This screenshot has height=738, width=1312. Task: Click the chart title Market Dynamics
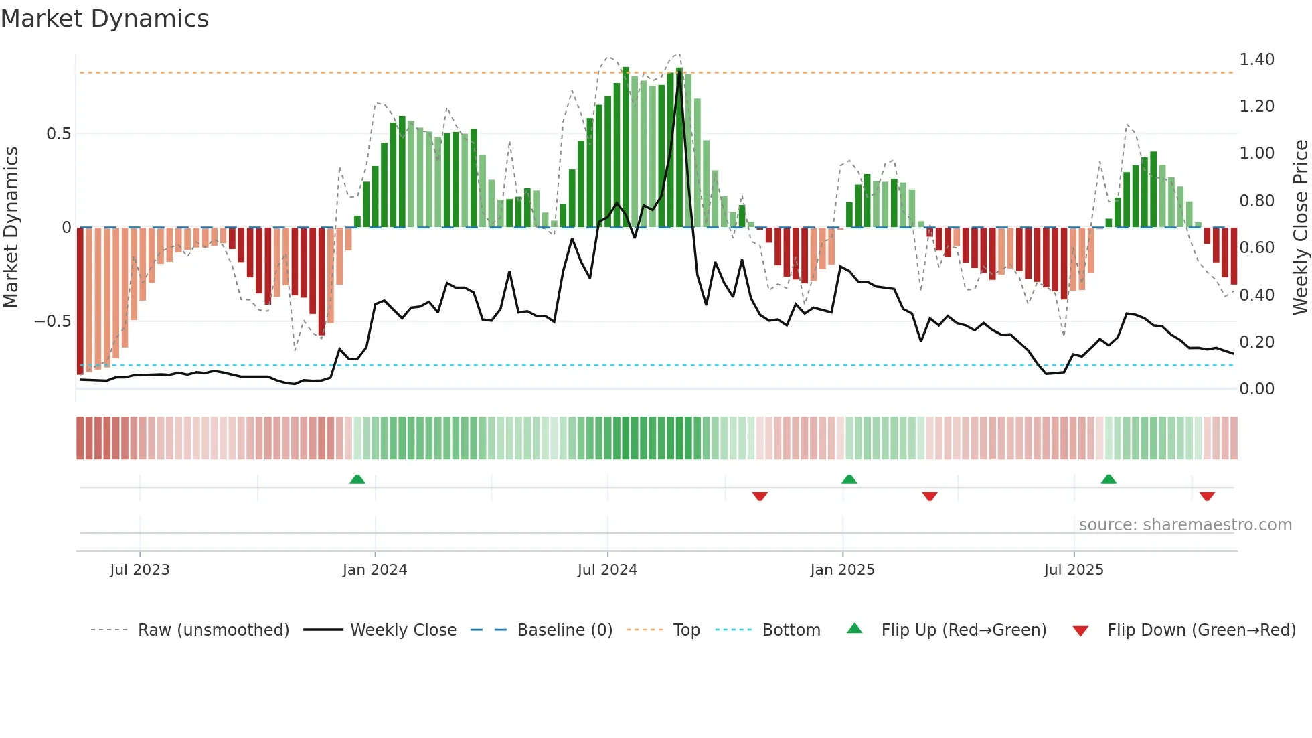(x=104, y=19)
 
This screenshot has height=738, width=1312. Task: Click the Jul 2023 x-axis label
(x=140, y=570)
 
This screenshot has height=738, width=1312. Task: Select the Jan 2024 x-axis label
(x=374, y=570)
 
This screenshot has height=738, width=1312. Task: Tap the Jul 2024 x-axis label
(x=607, y=570)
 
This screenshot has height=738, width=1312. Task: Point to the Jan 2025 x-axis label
(x=842, y=570)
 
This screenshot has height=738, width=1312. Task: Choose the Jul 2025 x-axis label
(x=1074, y=570)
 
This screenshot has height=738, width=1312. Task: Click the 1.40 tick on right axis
(x=1256, y=60)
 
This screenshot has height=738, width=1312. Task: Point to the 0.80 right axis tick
(x=1256, y=201)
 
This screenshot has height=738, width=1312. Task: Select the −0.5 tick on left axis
(x=52, y=321)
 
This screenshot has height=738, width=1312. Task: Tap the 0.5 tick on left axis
(x=58, y=134)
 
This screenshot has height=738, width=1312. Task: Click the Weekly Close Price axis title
(x=1300, y=227)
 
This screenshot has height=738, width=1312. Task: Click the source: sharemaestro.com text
(x=1185, y=525)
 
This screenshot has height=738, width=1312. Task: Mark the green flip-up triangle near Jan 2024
(x=357, y=479)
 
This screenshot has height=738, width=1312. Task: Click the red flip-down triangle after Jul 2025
(x=1207, y=496)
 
